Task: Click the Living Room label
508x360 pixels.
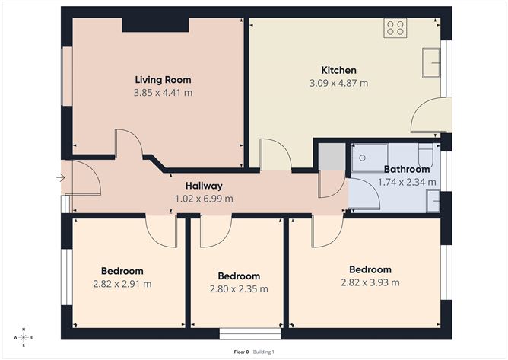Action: tap(163, 80)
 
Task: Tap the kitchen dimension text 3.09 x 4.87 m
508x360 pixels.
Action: tap(338, 83)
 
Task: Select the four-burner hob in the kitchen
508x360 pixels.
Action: tap(395, 28)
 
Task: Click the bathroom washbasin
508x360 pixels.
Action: tap(432, 200)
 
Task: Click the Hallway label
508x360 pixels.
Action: tap(204, 186)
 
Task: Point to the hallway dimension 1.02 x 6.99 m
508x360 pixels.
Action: tap(204, 199)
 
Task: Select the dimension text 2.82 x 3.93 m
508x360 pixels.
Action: tap(370, 282)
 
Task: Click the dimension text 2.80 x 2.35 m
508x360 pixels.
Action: tap(239, 289)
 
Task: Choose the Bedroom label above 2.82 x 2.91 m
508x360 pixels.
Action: tap(122, 271)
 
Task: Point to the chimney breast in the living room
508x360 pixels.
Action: tap(155, 24)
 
